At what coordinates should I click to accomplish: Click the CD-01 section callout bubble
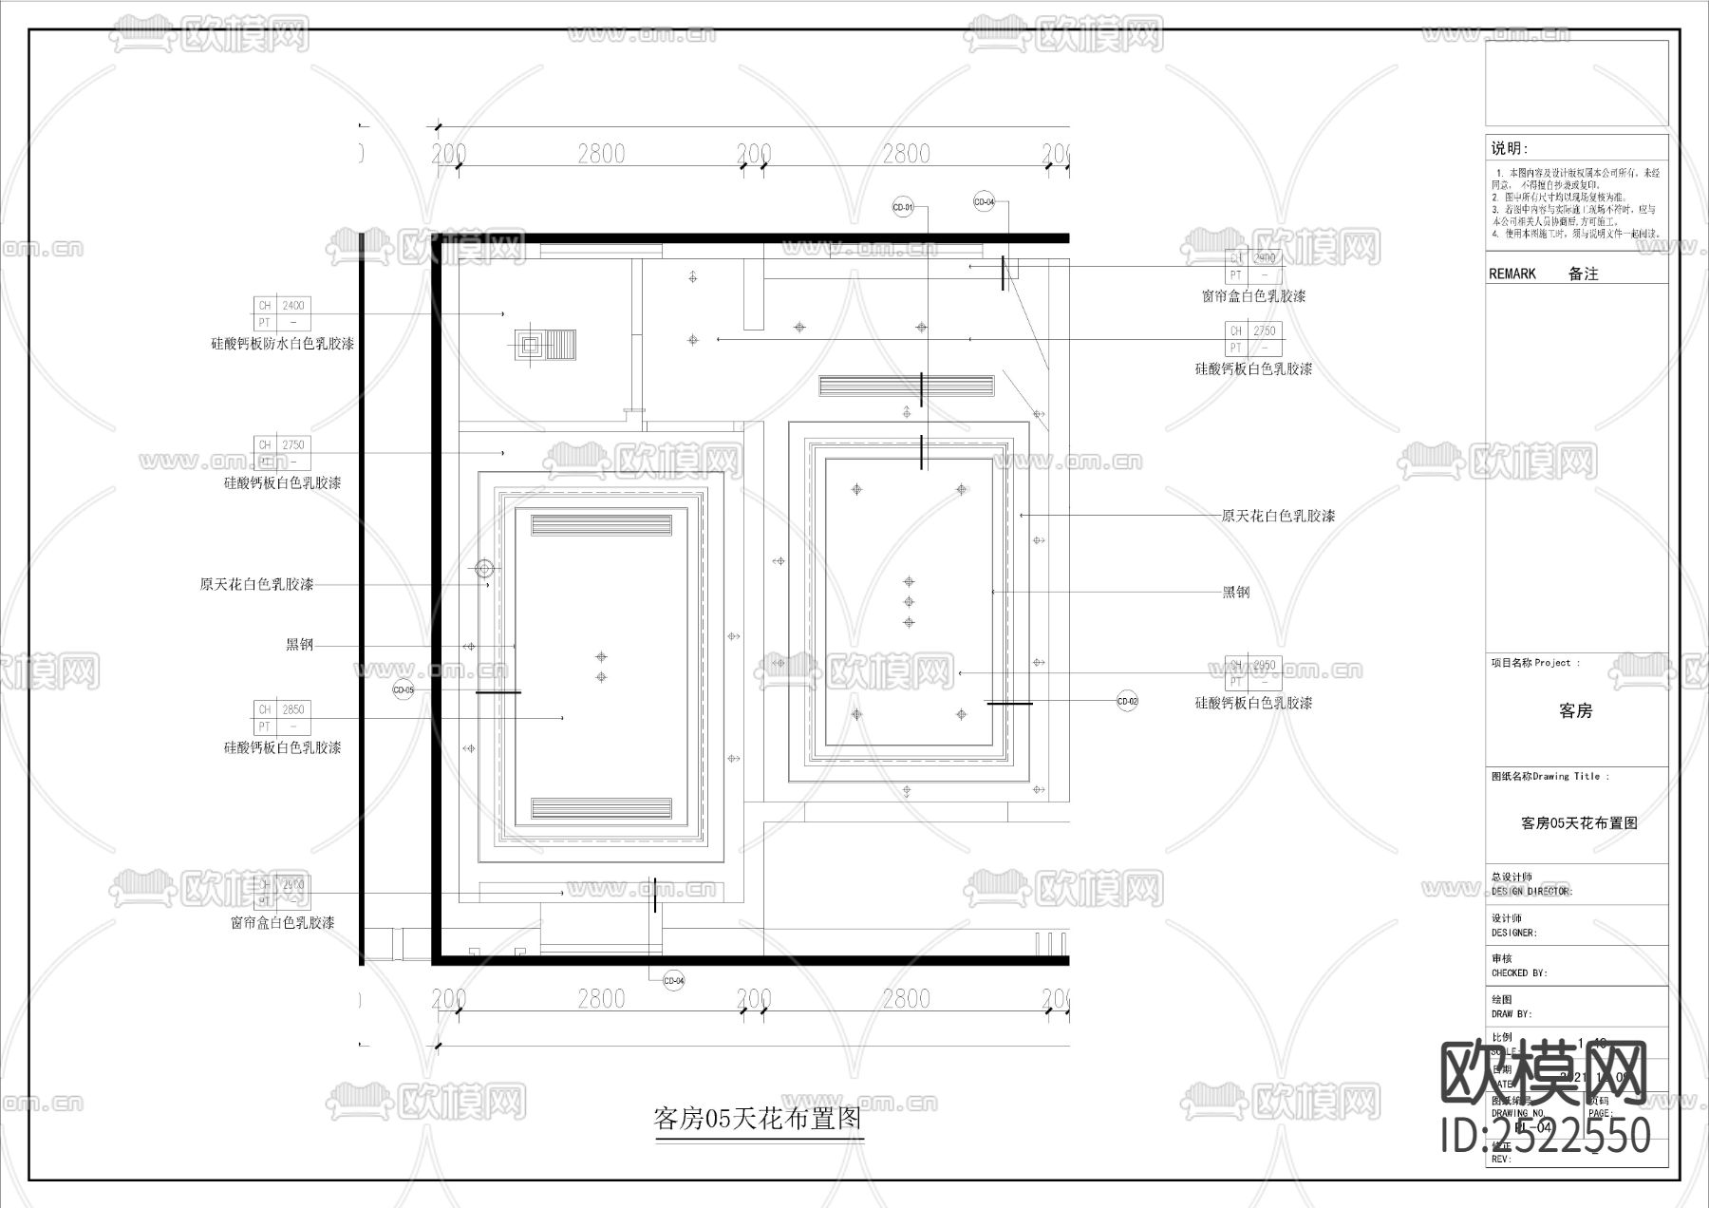click(x=903, y=207)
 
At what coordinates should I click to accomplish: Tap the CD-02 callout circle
click(x=1127, y=702)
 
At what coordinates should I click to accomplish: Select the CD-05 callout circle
click(x=404, y=690)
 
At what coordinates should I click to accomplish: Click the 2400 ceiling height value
click(x=293, y=306)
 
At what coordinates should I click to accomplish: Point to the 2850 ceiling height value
click(x=293, y=709)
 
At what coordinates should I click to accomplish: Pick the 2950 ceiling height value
click(x=1264, y=665)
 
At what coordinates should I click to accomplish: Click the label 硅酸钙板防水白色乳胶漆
click(x=282, y=344)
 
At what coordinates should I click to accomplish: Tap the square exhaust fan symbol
click(x=530, y=344)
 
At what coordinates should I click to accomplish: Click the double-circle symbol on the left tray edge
click(x=485, y=569)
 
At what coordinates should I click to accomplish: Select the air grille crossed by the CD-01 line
click(x=907, y=386)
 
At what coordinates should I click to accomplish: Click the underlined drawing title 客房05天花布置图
click(x=759, y=1119)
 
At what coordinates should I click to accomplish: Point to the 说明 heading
click(x=1509, y=148)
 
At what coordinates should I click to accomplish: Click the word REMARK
click(x=1512, y=274)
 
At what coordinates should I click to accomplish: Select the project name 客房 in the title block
click(x=1576, y=710)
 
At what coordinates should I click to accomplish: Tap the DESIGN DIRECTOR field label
click(x=1531, y=892)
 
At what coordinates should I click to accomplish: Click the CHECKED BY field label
click(x=1519, y=973)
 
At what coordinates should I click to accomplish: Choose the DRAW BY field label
click(x=1512, y=1014)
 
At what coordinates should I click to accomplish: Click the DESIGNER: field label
click(x=1513, y=933)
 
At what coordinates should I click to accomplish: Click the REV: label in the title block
click(x=1501, y=1160)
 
